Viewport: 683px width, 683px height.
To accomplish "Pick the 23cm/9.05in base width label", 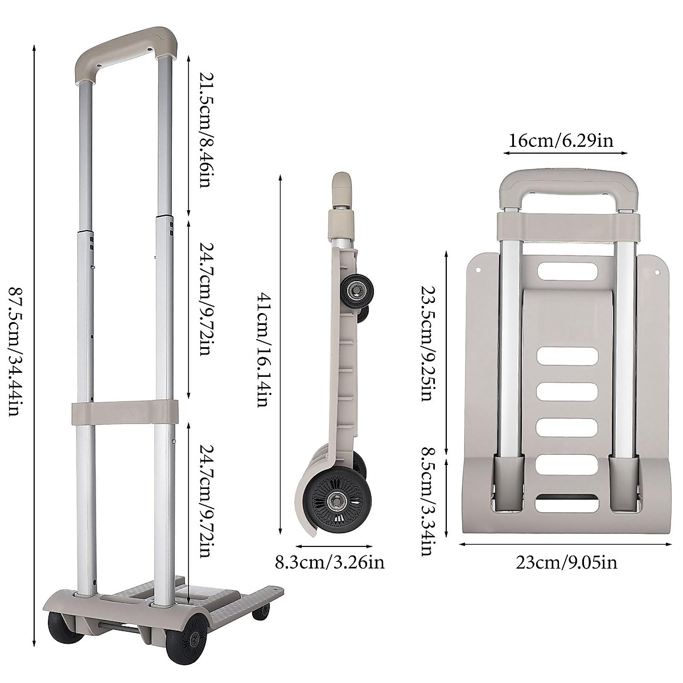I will [566, 563].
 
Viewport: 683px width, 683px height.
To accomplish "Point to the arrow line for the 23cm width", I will [567, 544].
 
